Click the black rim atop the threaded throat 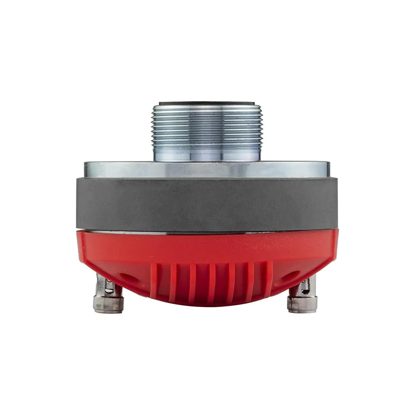(x=207, y=103)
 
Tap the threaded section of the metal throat (x=207, y=124)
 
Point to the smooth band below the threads (x=207, y=154)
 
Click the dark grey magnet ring (x=207, y=203)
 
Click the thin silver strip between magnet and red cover (x=207, y=232)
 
